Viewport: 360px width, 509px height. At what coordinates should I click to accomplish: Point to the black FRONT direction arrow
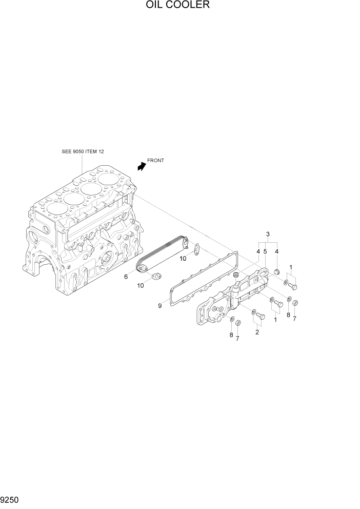click(141, 166)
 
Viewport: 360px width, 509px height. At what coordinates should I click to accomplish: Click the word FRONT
click(155, 161)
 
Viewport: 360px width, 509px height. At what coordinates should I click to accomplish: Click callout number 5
click(265, 251)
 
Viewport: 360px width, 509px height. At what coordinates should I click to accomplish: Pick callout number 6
click(126, 277)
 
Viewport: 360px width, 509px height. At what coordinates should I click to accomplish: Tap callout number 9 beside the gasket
click(159, 306)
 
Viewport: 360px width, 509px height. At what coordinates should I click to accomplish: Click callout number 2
click(257, 332)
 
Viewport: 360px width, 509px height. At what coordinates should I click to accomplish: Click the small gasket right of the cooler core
click(195, 249)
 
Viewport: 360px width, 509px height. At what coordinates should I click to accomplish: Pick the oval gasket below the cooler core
click(156, 277)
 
